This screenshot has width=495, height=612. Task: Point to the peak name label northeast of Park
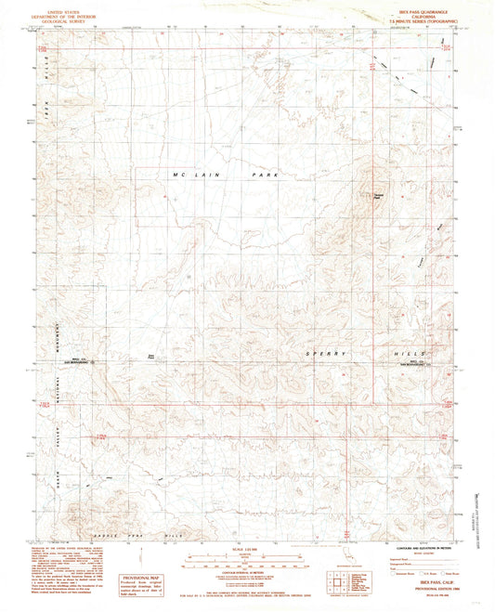(378, 194)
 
